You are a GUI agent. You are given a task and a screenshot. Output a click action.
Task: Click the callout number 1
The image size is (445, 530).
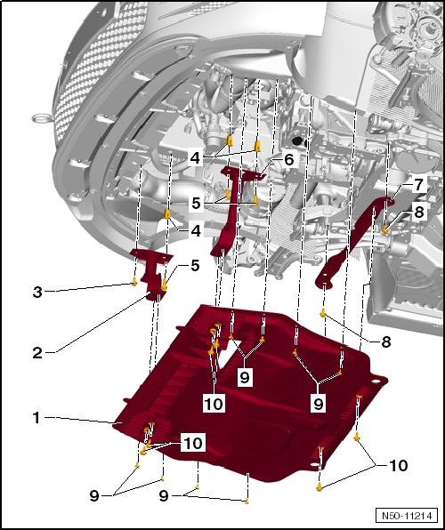click(36, 417)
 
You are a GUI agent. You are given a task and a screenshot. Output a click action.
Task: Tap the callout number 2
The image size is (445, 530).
click(36, 353)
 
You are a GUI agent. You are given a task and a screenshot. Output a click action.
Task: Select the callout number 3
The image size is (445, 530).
click(36, 291)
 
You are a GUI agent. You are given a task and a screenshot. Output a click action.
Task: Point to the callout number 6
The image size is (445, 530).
click(288, 159)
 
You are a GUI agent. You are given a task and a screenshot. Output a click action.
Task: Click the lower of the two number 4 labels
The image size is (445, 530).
click(195, 231)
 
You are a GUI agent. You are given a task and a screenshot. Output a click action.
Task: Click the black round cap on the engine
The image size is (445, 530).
click(296, 141)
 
